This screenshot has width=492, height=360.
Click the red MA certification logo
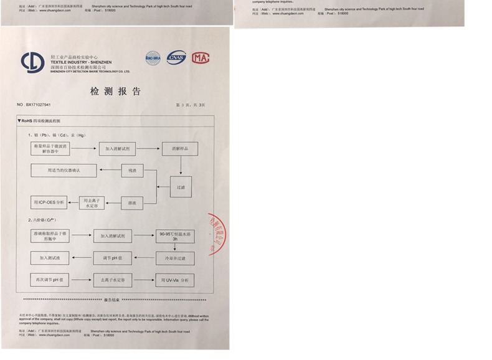pyautogui.click(x=201, y=58)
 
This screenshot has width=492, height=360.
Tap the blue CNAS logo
pyautogui.click(x=176, y=58)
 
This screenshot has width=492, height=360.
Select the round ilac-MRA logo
pyautogui.click(x=153, y=57)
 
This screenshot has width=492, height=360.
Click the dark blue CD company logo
pyautogui.click(x=32, y=62)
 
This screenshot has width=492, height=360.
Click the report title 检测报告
pyautogui.click(x=116, y=92)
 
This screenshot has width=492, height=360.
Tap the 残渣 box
pyautogui.click(x=132, y=170)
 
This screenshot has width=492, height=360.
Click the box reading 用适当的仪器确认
pyautogui.click(x=64, y=170)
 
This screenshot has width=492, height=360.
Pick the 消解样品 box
pyautogui.click(x=181, y=149)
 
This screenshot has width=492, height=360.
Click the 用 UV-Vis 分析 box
pyautogui.click(x=174, y=280)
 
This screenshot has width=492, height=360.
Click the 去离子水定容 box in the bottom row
pyautogui.click(x=113, y=280)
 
